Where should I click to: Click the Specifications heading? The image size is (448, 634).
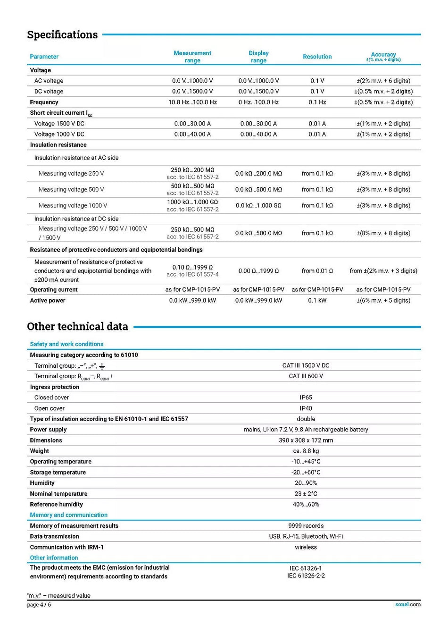click(62, 34)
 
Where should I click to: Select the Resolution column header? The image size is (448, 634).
click(317, 57)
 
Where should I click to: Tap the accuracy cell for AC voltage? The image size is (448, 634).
click(383, 81)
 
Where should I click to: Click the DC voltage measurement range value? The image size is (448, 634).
click(192, 92)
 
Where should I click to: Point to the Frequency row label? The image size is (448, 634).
click(44, 102)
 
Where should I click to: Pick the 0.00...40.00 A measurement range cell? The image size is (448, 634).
click(192, 135)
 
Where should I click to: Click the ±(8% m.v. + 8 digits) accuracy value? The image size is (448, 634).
click(383, 233)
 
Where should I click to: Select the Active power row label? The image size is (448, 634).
click(48, 301)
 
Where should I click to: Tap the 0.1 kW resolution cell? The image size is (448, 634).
click(317, 301)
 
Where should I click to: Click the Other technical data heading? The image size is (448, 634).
click(77, 327)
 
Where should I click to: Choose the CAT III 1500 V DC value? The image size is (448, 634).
click(306, 366)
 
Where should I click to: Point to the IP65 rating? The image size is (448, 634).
click(306, 398)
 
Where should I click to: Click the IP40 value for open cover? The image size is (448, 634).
click(306, 408)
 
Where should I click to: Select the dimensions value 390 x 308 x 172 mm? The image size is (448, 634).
click(306, 440)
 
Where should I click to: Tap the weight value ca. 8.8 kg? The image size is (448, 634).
click(306, 451)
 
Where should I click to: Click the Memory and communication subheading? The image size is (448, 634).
click(69, 515)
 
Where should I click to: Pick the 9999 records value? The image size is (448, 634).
click(306, 526)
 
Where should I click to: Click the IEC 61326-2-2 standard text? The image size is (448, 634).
click(306, 576)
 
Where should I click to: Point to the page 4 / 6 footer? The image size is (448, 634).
click(39, 605)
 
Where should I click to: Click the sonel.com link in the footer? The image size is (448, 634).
click(408, 604)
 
